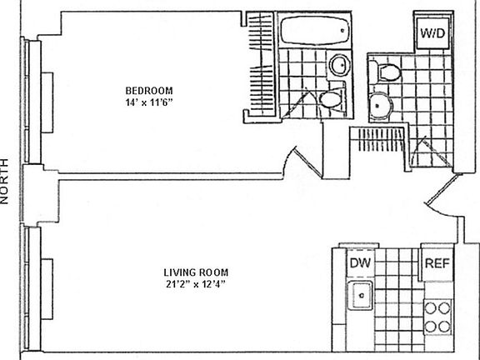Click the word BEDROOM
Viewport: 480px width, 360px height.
point(149,90)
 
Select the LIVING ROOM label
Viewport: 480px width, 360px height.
point(196,272)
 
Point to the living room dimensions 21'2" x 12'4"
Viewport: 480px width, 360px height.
point(196,284)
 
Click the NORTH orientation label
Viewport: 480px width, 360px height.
point(7,181)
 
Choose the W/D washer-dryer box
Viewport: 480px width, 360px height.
point(431,35)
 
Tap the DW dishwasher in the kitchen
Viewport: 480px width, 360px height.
point(359,264)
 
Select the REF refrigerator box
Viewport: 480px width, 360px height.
point(437,264)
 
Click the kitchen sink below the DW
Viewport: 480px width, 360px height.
point(361,293)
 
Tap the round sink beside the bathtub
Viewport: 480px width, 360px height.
point(340,65)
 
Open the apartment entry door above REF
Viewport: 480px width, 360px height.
point(439,194)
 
